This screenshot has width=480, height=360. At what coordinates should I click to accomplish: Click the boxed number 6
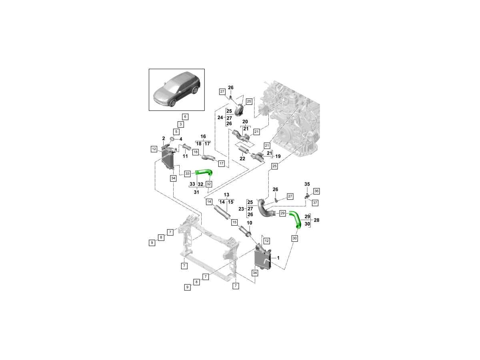pos(185,117)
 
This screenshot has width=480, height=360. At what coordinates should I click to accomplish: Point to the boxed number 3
pos(180,124)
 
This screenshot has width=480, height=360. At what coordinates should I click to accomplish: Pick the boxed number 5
pos(176,132)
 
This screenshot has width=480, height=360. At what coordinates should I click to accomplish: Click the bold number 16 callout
pos(203,136)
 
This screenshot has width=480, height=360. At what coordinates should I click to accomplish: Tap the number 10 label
pos(249,222)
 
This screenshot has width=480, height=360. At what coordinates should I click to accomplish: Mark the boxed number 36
pos(316,191)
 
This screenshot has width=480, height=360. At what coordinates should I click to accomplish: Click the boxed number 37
pos(315,203)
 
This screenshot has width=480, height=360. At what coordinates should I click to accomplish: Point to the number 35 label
pos(307,184)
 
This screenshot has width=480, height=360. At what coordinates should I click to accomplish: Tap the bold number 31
pos(196,192)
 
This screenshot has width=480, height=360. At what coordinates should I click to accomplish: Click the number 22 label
pos(242,159)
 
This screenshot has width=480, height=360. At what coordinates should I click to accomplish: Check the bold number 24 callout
pos(220,118)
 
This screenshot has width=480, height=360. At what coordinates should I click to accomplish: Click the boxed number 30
pos(295,238)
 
